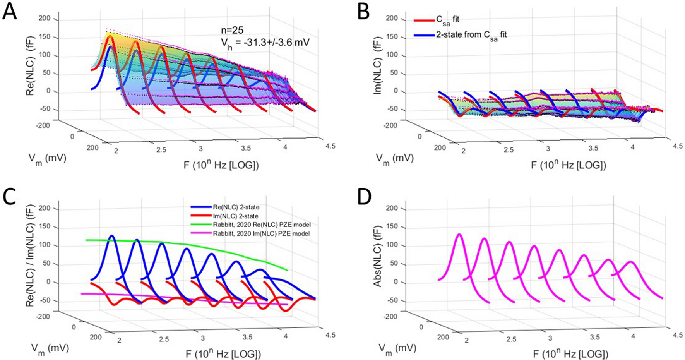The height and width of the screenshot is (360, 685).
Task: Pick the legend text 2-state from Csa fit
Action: pyautogui.click(x=471, y=35)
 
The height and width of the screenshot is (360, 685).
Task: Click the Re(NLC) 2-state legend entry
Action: pyautogui.click(x=236, y=207)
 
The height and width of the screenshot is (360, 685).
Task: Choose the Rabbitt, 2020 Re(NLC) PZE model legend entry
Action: pyautogui.click(x=262, y=225)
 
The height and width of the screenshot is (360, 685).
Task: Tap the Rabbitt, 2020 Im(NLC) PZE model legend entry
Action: pyautogui.click(x=261, y=233)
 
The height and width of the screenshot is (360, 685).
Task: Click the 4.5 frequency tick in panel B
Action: pyautogui.click(x=677, y=146)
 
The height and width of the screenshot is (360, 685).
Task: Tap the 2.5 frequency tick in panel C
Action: pyautogui.click(x=164, y=339)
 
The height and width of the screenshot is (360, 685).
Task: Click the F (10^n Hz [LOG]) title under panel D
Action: pyautogui.click(x=570, y=354)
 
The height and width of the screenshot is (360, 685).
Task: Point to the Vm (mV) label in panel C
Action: pyautogui.click(x=50, y=348)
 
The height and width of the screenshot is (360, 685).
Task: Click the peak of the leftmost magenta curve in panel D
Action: pyautogui.click(x=459, y=234)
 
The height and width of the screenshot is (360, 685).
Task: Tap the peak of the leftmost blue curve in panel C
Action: pyautogui.click(x=112, y=235)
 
